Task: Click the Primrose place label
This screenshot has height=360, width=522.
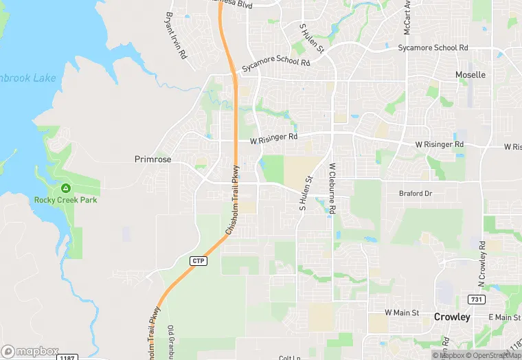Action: pyautogui.click(x=152, y=159)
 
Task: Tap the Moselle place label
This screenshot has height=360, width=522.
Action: pyautogui.click(x=470, y=74)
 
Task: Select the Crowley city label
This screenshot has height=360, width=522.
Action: pyautogui.click(x=452, y=317)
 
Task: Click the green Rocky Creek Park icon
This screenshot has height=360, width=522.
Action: pyautogui.click(x=66, y=188)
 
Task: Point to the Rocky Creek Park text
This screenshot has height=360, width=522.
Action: pyautogui.click(x=66, y=200)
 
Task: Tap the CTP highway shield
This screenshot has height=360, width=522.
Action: pyautogui.click(x=198, y=261)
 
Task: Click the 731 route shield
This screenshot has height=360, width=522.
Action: pyautogui.click(x=476, y=300)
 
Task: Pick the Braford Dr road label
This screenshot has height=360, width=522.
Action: pyautogui.click(x=416, y=194)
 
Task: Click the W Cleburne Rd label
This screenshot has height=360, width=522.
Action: pyautogui.click(x=332, y=190)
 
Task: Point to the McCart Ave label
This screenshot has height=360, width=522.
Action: pyautogui.click(x=407, y=17)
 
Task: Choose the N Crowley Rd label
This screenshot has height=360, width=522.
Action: pyautogui.click(x=482, y=265)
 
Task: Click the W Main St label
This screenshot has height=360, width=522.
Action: pyautogui.click(x=402, y=313)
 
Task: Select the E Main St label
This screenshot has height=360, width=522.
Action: pyautogui.click(x=504, y=317)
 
